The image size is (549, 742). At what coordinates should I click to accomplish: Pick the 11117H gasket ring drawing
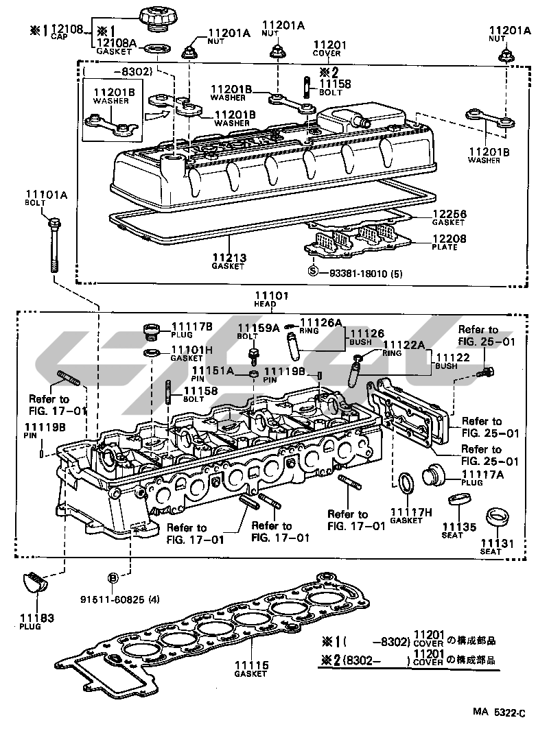[406, 482]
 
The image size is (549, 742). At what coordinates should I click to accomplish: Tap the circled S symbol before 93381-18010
[313, 272]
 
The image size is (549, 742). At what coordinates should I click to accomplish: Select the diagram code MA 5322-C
[498, 714]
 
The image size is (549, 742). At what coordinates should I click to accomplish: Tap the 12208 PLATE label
[448, 241]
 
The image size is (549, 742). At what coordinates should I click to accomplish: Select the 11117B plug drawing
[151, 333]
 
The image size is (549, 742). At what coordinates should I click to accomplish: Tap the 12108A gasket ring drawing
[159, 49]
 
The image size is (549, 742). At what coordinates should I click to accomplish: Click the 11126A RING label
[323, 322]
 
